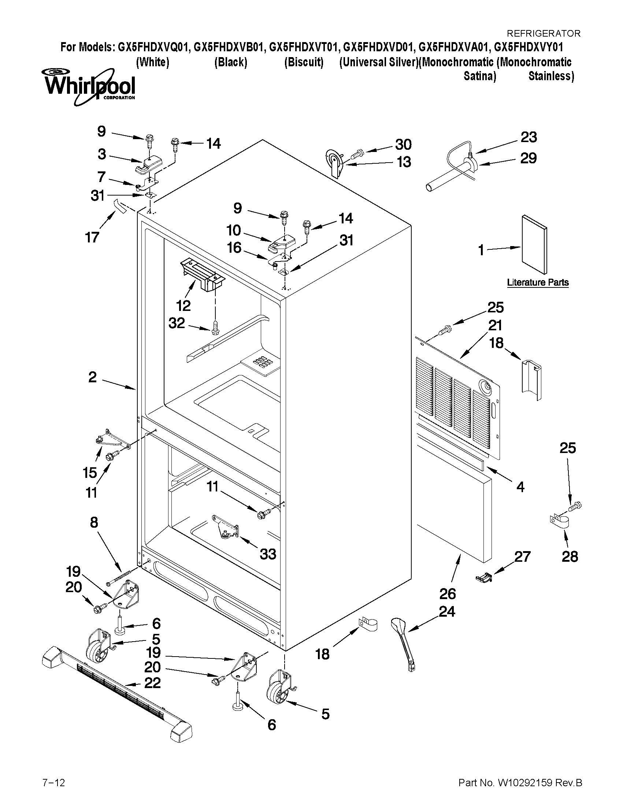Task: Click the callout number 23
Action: pos(529,138)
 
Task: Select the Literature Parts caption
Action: pos(537,282)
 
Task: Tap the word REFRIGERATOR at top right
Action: pos(543,33)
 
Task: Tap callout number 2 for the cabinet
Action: pos(92,377)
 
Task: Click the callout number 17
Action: pos(92,237)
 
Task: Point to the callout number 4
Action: pos(520,487)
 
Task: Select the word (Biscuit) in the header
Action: pos(303,62)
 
